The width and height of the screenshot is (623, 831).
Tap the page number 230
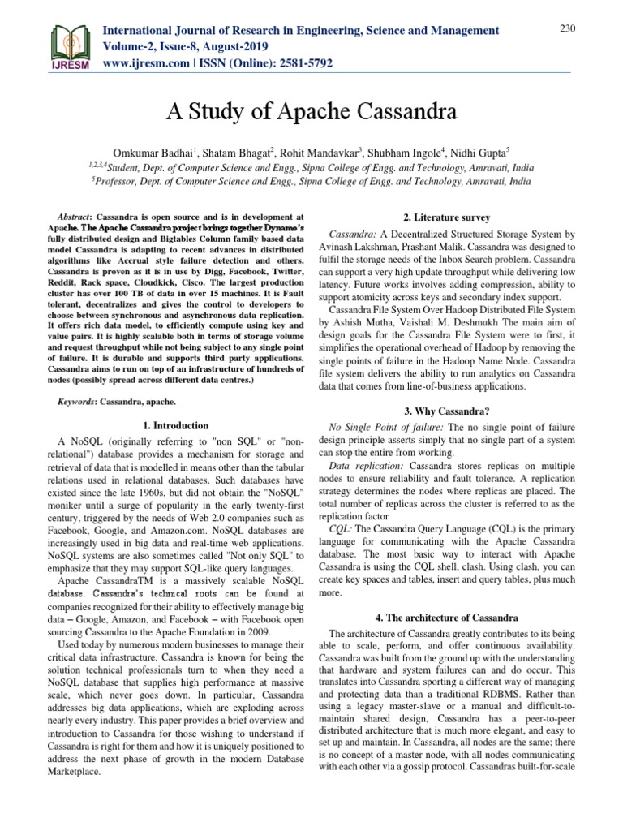click(x=568, y=29)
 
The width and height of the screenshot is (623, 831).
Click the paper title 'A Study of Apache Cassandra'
click(x=311, y=110)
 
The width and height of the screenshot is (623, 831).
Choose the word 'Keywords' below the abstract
click(x=81, y=402)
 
